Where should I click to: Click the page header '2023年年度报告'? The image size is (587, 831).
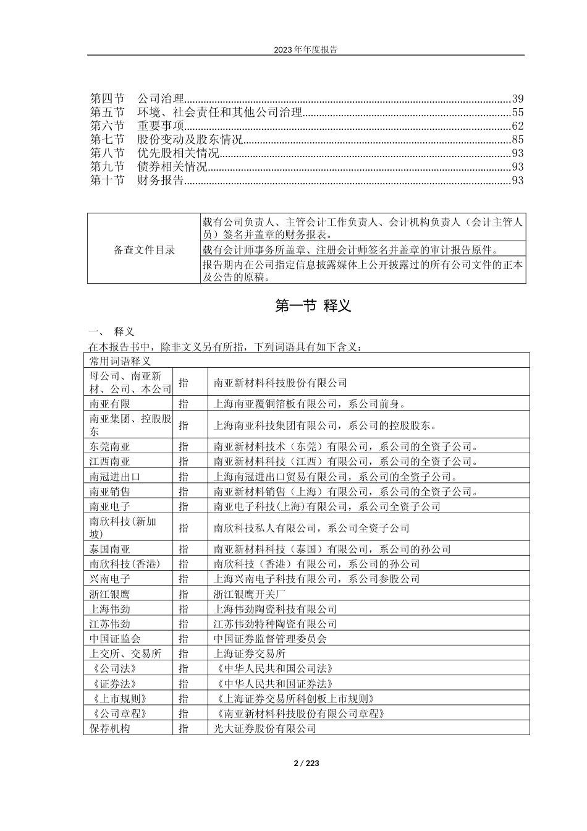(305, 49)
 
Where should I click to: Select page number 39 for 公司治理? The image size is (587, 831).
(518, 98)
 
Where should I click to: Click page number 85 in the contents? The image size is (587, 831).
(518, 140)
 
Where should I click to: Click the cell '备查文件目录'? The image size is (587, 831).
(145, 250)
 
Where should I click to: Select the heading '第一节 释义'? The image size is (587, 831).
(313, 306)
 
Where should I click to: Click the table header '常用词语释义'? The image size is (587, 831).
(120, 360)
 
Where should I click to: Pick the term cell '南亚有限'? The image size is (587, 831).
(110, 404)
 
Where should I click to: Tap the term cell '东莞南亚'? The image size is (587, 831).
(110, 446)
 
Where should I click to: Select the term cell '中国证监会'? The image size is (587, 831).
(115, 639)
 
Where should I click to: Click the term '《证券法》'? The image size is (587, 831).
(112, 683)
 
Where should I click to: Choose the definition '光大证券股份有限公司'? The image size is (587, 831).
(265, 728)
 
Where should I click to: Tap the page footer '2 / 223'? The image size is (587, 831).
(306, 763)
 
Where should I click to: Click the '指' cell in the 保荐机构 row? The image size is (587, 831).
(184, 728)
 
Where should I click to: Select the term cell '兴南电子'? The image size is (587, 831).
(110, 579)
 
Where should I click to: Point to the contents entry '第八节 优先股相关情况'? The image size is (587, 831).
(154, 153)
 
